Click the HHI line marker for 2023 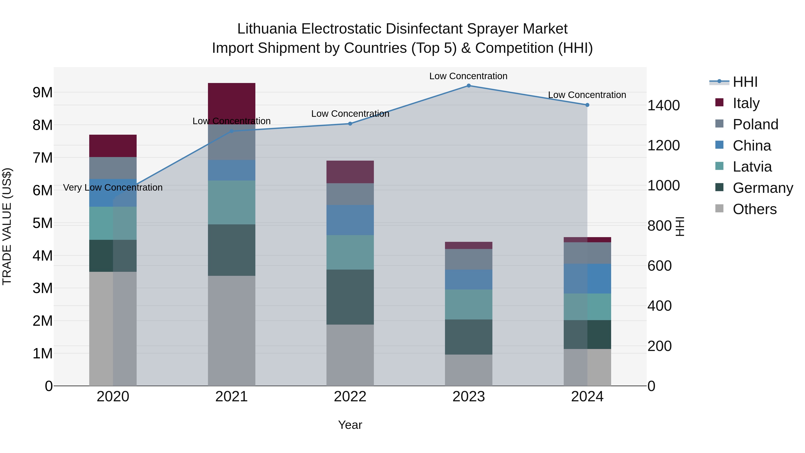468,86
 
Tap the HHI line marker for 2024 587,105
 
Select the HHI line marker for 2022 350,124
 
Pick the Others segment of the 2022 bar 350,355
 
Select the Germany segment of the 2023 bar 468,337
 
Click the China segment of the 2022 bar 350,220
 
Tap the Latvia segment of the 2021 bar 232,202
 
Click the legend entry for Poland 755,124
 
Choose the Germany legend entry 763,188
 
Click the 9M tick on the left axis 42,93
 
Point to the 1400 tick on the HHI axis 663,105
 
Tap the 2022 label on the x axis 350,397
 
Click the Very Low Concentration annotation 113,188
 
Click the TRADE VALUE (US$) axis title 7,226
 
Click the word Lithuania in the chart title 267,29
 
